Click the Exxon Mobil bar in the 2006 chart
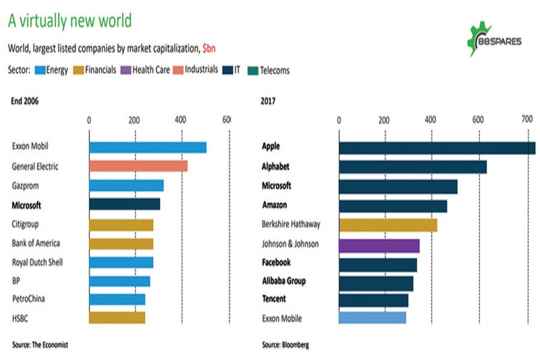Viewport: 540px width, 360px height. coord(148,147)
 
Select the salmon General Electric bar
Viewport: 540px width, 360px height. coord(138,166)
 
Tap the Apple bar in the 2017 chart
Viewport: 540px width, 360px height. coord(437,148)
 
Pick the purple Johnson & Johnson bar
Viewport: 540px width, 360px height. coord(379,245)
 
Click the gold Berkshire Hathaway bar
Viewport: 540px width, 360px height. coord(388,225)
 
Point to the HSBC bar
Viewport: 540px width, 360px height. coord(117,318)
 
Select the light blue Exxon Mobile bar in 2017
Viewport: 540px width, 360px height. coord(372,318)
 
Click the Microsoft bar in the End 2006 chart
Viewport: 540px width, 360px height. coord(124,205)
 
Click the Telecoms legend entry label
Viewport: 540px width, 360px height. coord(274,70)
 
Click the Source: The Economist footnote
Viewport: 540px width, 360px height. coord(40,344)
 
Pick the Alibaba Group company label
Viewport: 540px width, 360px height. coord(284,281)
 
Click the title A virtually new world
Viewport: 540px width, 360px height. coord(70,21)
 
